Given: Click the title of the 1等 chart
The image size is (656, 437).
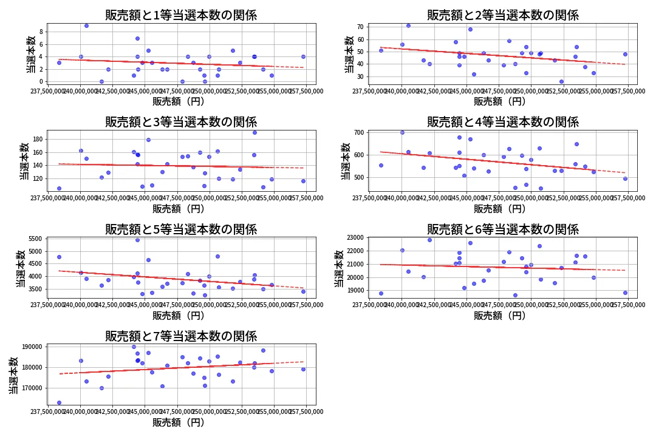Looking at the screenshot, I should (x=181, y=15).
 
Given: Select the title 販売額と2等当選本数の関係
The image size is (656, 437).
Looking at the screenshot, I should (x=502, y=15).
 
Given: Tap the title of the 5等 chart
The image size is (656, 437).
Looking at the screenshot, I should (x=181, y=229).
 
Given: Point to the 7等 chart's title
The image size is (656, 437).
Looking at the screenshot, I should (x=181, y=336).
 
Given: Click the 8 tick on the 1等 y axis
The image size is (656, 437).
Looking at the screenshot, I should (x=41, y=32).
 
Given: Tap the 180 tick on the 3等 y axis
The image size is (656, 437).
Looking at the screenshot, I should (x=38, y=139).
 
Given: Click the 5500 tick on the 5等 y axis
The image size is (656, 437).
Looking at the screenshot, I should (x=36, y=239).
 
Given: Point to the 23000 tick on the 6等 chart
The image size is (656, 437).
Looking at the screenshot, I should (x=354, y=237).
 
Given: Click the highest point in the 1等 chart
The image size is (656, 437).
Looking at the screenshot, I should (x=86, y=25).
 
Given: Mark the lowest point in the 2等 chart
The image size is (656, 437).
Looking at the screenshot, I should (x=561, y=81).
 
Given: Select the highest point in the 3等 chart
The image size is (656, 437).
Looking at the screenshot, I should (x=255, y=132).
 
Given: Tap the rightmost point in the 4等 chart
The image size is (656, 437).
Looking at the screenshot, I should (x=625, y=178).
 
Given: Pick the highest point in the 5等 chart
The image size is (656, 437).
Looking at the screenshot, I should (x=137, y=240).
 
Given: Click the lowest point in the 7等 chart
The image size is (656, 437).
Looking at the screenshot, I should (x=59, y=402).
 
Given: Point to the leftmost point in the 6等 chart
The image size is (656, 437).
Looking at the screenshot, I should (x=381, y=293).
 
